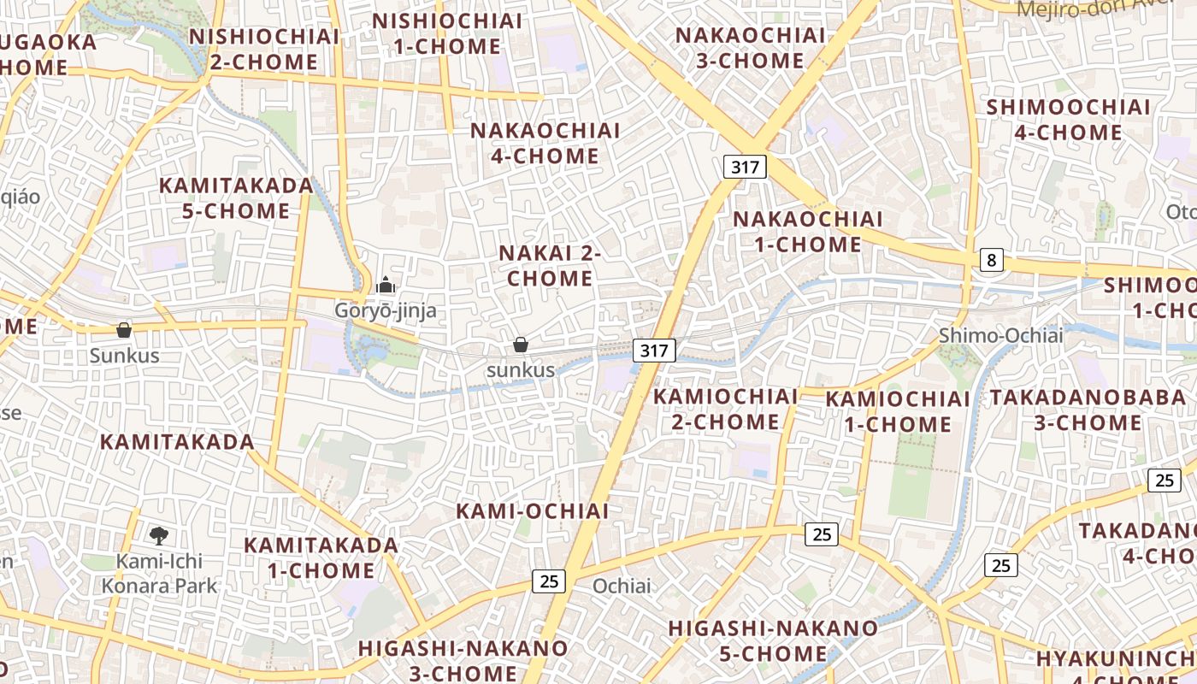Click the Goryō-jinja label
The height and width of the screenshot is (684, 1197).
[385, 310]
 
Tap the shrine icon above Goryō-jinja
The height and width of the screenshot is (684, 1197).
[386, 285]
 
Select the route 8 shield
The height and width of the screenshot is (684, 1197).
[991, 260]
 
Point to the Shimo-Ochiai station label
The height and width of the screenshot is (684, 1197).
[1000, 335]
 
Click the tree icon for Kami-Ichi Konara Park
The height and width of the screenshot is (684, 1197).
[158, 536]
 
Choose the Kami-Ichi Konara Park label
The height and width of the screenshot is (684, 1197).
[160, 574]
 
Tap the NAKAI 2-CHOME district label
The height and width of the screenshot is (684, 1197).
[550, 266]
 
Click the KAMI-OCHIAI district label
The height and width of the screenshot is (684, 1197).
[532, 511]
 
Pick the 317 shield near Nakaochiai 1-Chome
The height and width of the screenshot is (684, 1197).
[745, 167]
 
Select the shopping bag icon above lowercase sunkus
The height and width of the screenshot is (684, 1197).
[520, 345]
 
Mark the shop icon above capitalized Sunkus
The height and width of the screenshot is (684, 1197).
[124, 330]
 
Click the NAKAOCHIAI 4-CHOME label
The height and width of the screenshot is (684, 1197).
[545, 143]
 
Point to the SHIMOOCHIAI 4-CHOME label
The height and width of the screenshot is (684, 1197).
[1068, 120]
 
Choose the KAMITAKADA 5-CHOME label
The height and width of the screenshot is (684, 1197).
[237, 198]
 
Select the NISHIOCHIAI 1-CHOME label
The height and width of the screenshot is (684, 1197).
[447, 33]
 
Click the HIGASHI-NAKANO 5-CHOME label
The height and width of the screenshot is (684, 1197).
[773, 640]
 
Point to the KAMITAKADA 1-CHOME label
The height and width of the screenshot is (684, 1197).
[321, 557]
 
